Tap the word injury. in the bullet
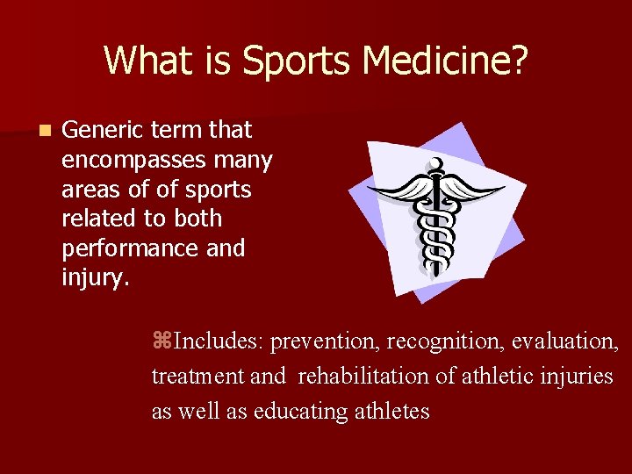96,278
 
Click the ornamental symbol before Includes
159,341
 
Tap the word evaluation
568,341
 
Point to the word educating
294,411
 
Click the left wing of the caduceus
397,190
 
